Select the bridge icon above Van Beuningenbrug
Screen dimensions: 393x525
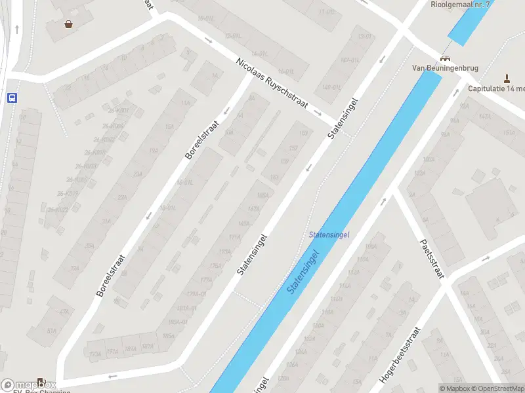tap(446, 57)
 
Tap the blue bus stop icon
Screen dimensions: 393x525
tap(12, 98)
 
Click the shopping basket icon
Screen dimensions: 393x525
tap(68, 25)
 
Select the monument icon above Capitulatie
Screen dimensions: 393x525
tap(506, 77)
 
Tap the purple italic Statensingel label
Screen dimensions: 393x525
tap(329, 234)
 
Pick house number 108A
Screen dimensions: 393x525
tap(371, 246)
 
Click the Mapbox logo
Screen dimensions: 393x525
tap(28, 385)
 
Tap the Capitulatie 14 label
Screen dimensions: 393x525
tap(497, 88)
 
